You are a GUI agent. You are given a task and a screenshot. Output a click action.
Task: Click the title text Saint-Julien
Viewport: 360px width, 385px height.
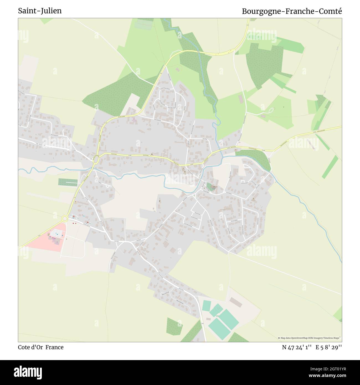(x=40, y=11)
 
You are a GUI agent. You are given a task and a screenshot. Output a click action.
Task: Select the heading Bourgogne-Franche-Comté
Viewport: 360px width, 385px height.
(x=292, y=11)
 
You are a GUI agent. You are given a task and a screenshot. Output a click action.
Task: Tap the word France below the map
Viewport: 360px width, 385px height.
(x=55, y=347)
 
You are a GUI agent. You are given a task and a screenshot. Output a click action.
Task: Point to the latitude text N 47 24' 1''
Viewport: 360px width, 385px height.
(x=297, y=347)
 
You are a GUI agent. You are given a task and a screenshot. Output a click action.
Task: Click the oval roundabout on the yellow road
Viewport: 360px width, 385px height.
(x=96, y=159)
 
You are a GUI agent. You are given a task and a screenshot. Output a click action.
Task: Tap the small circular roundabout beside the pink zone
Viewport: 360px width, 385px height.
(x=65, y=219)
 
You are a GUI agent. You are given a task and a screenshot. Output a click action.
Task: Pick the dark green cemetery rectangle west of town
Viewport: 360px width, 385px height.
(x=68, y=182)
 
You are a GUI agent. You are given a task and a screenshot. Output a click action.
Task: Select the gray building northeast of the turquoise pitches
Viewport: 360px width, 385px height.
(x=235, y=302)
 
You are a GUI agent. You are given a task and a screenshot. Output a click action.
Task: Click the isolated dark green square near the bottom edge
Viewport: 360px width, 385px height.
(x=174, y=326)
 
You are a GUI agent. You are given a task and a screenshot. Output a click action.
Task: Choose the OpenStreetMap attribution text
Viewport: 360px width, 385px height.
(x=310, y=338)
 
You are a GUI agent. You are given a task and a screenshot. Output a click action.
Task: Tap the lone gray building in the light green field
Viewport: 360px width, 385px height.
(x=241, y=98)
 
